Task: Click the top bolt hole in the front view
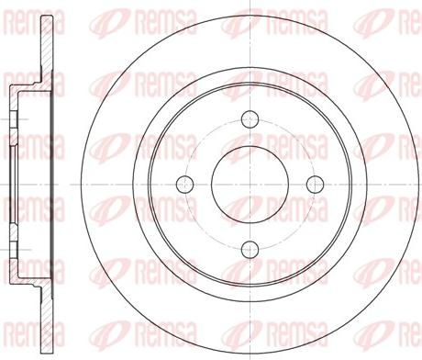pyautogui.click(x=249, y=118)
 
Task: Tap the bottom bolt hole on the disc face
pyautogui.click(x=249, y=245)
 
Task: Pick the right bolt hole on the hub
pyautogui.click(x=312, y=182)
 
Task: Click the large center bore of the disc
pyautogui.click(x=249, y=182)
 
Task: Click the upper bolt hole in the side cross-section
pyautogui.click(x=16, y=118)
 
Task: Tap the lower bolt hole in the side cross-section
pyautogui.click(x=16, y=245)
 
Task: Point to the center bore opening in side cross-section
pyautogui.click(x=13, y=182)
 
